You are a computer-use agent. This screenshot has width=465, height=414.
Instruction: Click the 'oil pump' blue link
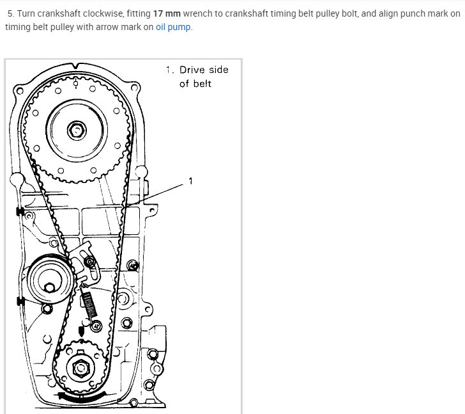click(174, 28)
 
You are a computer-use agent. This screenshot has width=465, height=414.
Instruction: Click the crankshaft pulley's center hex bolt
click(80, 369)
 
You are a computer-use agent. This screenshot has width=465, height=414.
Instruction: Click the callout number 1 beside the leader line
click(190, 181)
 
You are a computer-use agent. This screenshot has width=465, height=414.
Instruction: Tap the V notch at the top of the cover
click(76, 65)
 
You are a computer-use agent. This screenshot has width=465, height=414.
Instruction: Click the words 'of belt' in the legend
click(195, 84)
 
